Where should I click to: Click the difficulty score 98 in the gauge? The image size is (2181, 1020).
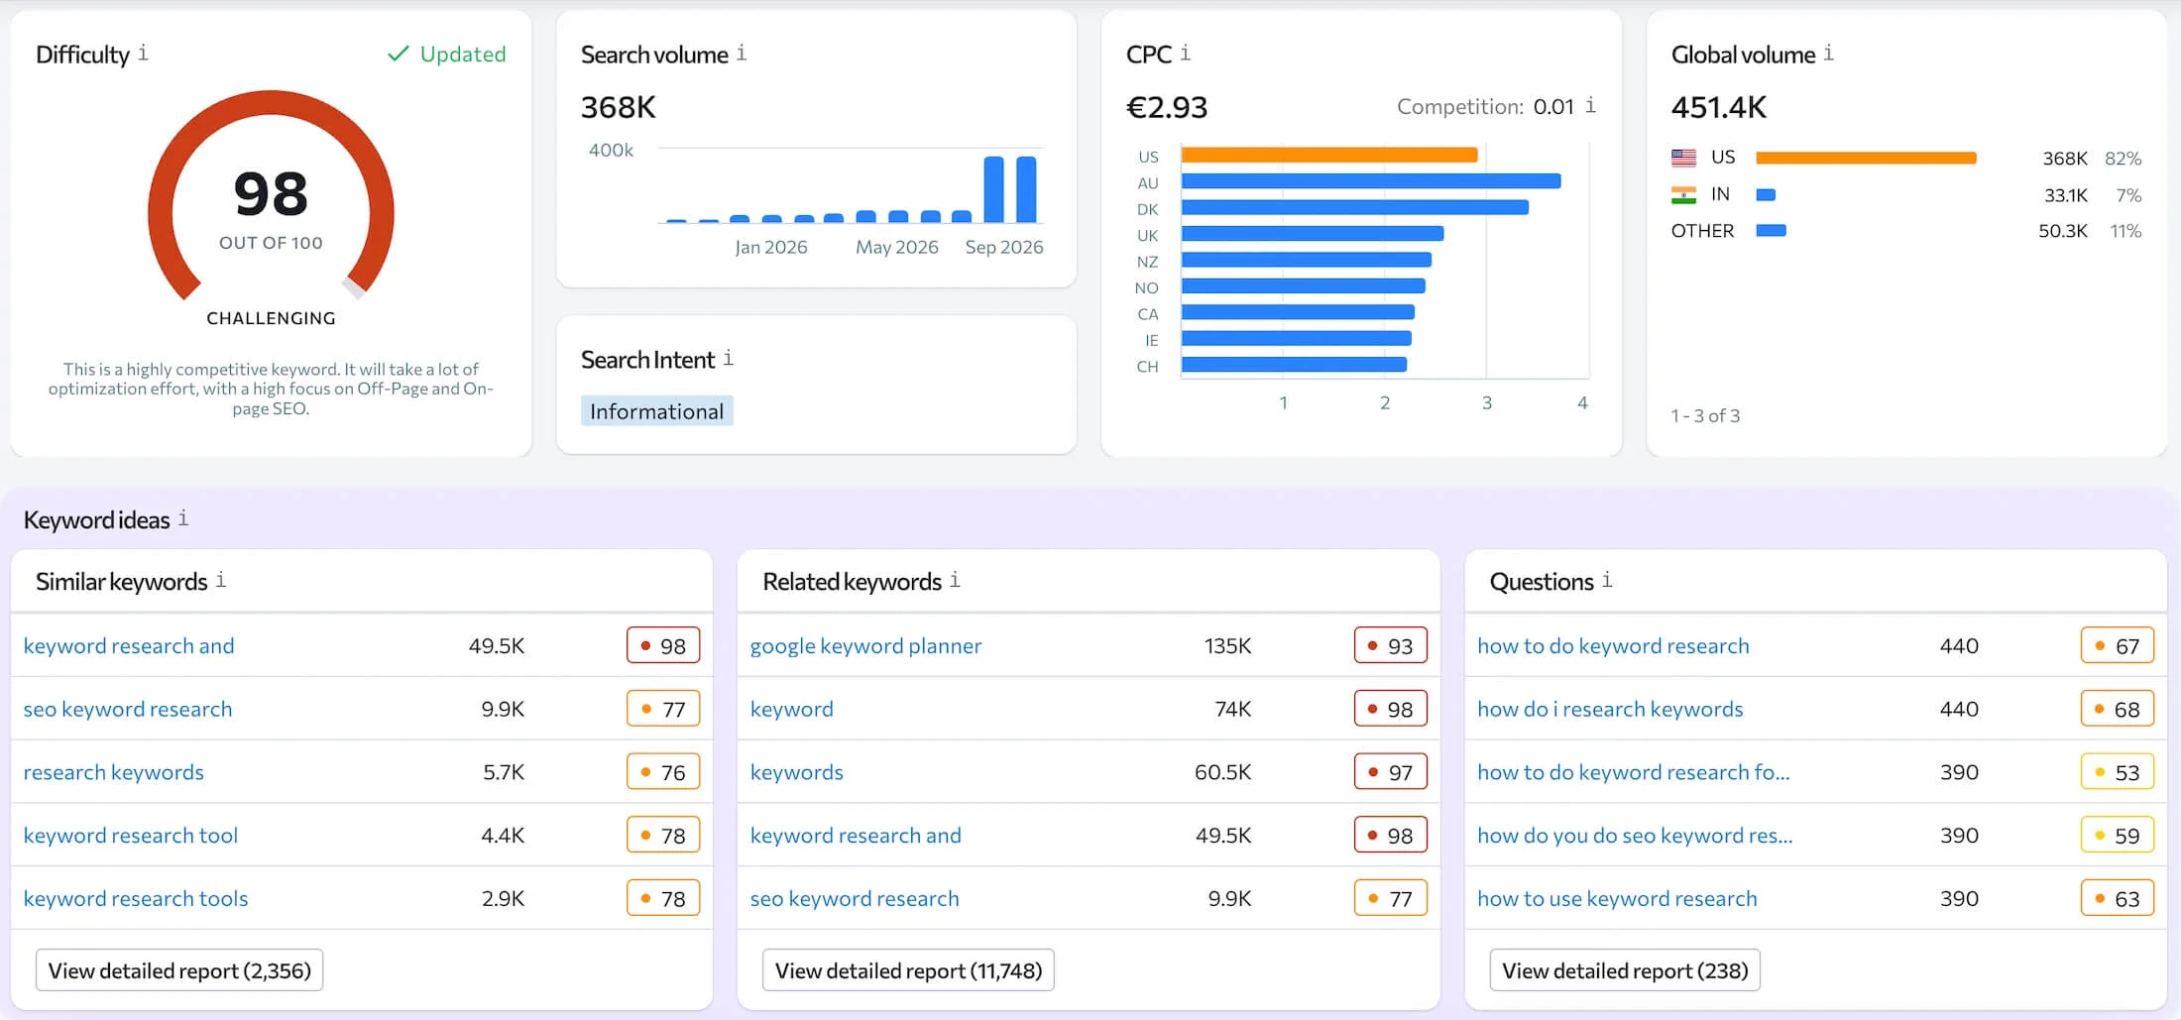click(x=271, y=193)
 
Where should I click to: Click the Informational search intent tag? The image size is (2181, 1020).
click(x=656, y=411)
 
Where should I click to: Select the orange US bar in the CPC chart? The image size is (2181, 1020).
click(x=1329, y=155)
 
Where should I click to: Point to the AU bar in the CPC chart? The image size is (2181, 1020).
click(x=1371, y=181)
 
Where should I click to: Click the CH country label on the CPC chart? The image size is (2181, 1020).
click(x=1147, y=367)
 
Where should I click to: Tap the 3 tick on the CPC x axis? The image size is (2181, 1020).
click(x=1486, y=403)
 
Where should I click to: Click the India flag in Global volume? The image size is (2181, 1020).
click(x=1683, y=195)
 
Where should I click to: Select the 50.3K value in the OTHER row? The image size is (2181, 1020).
click(x=2063, y=231)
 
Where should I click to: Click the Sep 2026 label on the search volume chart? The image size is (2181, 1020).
click(x=1004, y=247)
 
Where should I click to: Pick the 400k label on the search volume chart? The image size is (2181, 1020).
click(x=611, y=150)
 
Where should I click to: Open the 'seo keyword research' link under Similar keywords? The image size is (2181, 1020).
click(x=128, y=709)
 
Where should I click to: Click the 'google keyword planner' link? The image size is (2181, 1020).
click(x=865, y=646)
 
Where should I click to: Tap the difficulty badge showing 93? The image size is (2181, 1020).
click(x=1391, y=645)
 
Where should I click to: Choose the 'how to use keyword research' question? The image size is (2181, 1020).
click(x=1617, y=898)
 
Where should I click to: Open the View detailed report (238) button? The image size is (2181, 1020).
click(x=1625, y=970)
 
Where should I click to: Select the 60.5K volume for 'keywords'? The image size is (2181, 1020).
click(x=1222, y=772)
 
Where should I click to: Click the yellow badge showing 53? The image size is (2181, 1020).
click(x=2118, y=772)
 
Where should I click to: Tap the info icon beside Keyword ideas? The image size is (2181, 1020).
click(x=183, y=518)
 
